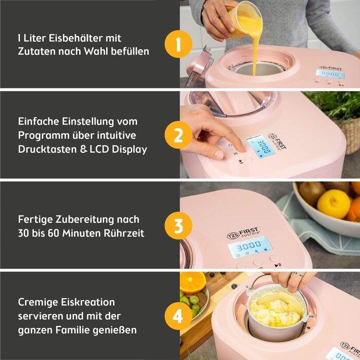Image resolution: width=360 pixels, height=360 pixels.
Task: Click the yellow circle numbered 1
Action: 178,45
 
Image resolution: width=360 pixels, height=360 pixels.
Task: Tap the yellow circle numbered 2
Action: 178,135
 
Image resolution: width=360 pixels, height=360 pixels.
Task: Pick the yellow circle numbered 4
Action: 178,316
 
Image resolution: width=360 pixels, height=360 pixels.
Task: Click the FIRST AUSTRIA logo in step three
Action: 244,233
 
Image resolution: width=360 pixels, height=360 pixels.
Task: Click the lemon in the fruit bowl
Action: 333,203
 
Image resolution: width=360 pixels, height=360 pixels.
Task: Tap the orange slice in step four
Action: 192,282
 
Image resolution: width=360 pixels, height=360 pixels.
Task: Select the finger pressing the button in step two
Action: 238,145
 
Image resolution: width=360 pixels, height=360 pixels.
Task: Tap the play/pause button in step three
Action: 278,265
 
